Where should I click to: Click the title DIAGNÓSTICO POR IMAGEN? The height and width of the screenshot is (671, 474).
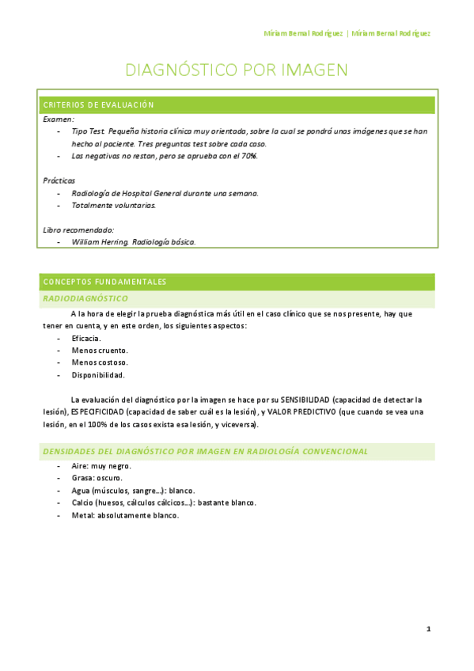click(x=237, y=70)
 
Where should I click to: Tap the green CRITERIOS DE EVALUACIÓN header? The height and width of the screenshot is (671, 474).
click(x=99, y=105)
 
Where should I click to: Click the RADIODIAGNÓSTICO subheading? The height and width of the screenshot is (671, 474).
click(x=85, y=299)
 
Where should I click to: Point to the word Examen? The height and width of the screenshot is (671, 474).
click(x=58, y=119)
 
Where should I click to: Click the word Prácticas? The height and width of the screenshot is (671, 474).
click(x=59, y=180)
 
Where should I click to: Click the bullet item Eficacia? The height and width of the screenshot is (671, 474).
click(x=86, y=338)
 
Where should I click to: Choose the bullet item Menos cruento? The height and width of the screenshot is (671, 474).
click(x=99, y=350)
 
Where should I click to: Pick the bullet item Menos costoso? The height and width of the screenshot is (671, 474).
click(x=99, y=362)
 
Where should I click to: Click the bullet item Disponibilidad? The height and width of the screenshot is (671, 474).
click(x=98, y=375)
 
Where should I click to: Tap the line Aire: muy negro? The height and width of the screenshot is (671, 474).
click(x=101, y=466)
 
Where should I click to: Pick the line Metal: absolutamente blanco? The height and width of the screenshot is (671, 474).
click(x=125, y=516)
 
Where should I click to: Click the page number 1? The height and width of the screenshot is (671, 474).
click(x=428, y=629)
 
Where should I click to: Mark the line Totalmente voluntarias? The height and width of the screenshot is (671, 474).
click(x=114, y=206)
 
